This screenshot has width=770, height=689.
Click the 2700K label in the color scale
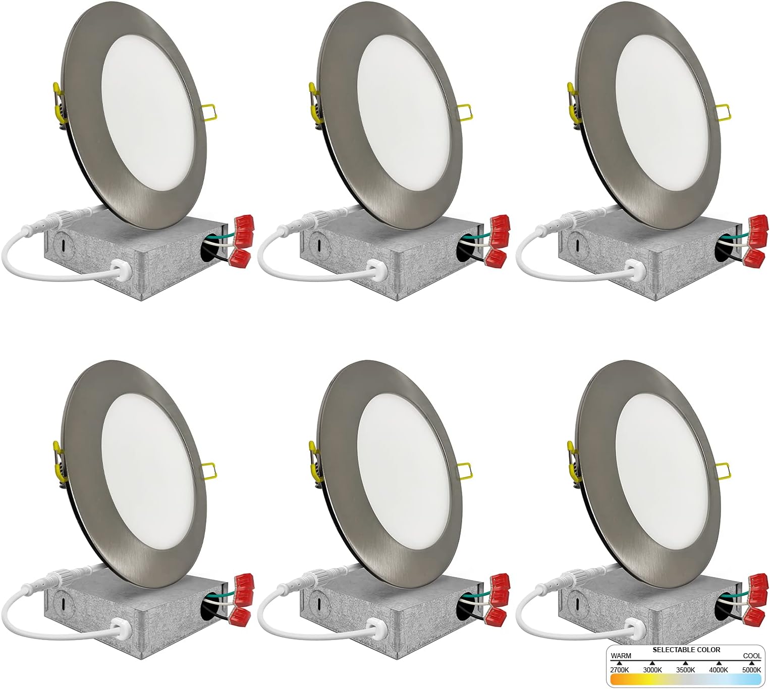(x=620, y=669)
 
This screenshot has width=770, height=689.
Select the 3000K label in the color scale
(x=652, y=669)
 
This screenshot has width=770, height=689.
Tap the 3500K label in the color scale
(x=685, y=669)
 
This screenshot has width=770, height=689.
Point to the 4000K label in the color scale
(x=719, y=669)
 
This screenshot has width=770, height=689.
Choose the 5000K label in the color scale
(x=751, y=669)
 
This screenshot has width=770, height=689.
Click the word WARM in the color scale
(x=621, y=656)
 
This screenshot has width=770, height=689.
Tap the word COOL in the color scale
(x=752, y=656)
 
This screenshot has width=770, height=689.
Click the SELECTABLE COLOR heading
(x=686, y=650)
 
